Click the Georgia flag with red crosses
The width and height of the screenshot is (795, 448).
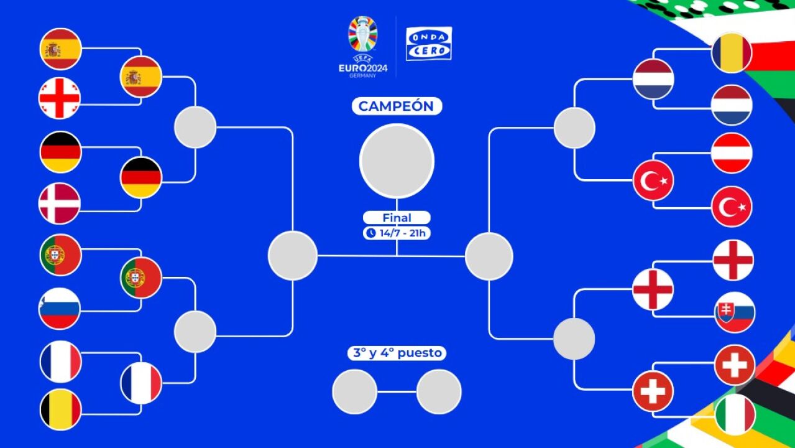[x=60, y=98]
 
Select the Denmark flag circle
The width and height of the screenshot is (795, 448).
[x=60, y=203]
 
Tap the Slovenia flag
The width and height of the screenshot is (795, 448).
[x=60, y=309]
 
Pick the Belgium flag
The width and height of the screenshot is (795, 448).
[x=61, y=409]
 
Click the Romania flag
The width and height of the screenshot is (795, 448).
[x=732, y=53]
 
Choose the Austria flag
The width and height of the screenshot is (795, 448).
[x=732, y=153]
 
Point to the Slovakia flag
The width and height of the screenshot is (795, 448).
[x=735, y=312]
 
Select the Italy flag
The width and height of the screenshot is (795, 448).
[x=735, y=414]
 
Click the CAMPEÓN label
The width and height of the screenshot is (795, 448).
[x=397, y=106]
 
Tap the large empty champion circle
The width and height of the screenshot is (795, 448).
[x=397, y=161]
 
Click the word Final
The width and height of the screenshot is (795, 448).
[x=397, y=217]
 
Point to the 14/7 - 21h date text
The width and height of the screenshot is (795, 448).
[x=402, y=233]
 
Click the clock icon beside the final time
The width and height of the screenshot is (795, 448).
[x=371, y=233]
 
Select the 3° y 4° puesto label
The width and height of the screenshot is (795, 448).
[x=397, y=353]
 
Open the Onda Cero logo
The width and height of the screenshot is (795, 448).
[x=429, y=44]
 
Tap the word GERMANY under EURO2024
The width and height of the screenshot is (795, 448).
[x=362, y=76]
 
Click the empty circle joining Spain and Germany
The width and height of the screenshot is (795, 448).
[x=195, y=127]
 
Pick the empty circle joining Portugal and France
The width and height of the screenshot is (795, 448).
[x=195, y=332]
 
